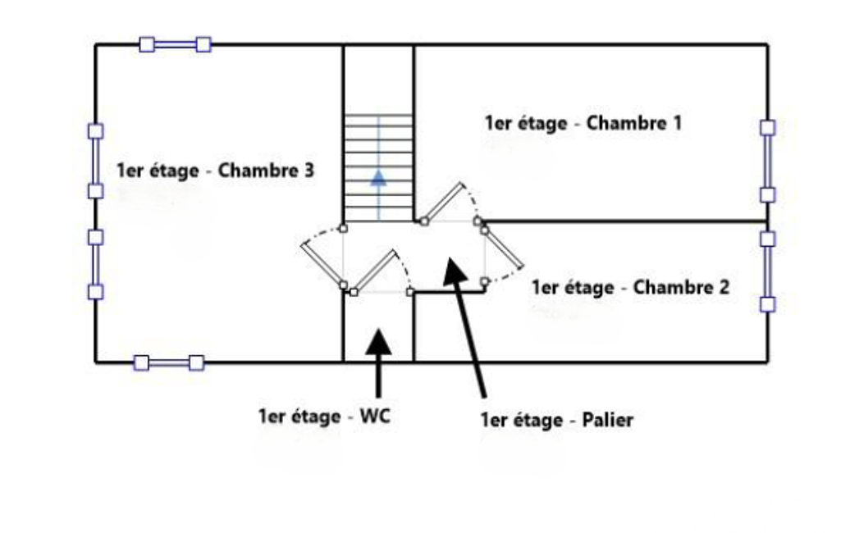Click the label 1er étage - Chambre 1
pyautogui.click(x=583, y=123)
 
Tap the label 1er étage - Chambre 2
pyautogui.click(x=630, y=288)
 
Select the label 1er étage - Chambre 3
pyautogui.click(x=215, y=171)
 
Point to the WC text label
pyautogui.click(x=375, y=416)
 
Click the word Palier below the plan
pyautogui.click(x=608, y=419)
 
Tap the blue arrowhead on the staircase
pyautogui.click(x=379, y=178)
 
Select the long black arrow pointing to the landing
pyautogui.click(x=464, y=327)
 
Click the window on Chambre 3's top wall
pyautogui.click(x=175, y=44)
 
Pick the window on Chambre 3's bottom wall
pyautogui.click(x=168, y=363)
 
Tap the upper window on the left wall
pyautogui.click(x=95, y=161)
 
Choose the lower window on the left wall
pyautogui.click(x=95, y=264)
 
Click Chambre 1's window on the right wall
pyautogui.click(x=767, y=162)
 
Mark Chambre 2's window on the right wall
pyautogui.click(x=767, y=271)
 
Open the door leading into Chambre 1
pyautogui.click(x=443, y=203)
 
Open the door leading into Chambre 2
pyautogui.click(x=503, y=248)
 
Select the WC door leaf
pyautogui.click(x=374, y=271)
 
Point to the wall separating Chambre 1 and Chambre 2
pyautogui.click(x=625, y=221)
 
